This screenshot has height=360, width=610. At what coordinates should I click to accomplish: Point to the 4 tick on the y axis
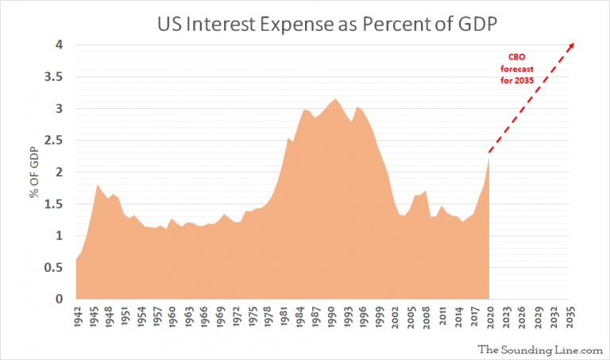coord(59,45)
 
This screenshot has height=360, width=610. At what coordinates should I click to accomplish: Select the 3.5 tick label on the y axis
coord(55,77)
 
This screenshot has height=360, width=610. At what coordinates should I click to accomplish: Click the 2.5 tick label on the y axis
coord(55,141)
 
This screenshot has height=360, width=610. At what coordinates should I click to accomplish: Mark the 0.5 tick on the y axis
coord(55,268)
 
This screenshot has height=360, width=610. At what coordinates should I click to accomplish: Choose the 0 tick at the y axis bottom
coord(59,300)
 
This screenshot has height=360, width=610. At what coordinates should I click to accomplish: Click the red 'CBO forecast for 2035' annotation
coord(516,68)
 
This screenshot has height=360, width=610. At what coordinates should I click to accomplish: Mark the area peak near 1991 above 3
coord(336,99)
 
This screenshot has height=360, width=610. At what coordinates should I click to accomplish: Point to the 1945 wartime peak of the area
coord(97,185)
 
